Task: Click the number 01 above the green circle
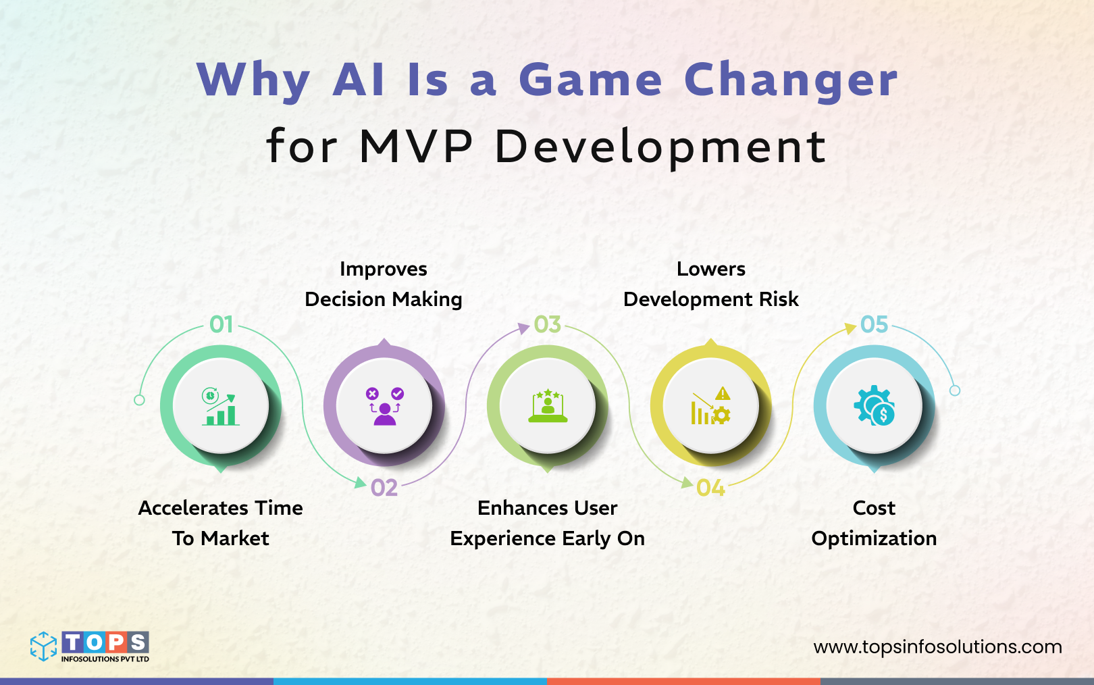coord(222,325)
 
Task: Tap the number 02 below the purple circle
coord(384,488)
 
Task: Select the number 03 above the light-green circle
coord(548,325)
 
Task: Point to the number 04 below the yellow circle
coord(711,488)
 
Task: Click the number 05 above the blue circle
coord(875,325)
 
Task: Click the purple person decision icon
coord(384,406)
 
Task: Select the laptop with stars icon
coord(548,406)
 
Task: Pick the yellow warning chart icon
coord(711,406)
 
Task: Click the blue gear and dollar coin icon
coord(875,406)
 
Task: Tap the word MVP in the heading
coord(416,146)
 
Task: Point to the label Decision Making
coord(384,299)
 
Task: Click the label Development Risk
coord(710,299)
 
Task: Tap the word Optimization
coord(874,538)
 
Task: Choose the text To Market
coord(220,538)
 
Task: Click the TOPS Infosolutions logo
coord(90,646)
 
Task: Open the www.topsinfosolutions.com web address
coord(937,647)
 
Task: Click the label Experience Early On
coord(547,538)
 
